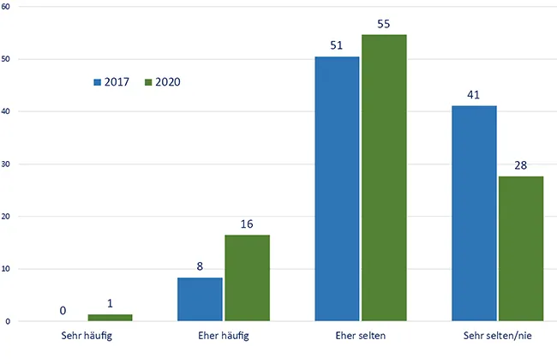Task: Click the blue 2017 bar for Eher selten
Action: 337,188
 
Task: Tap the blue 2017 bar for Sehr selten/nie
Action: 474,213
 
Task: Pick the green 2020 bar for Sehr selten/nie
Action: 521,248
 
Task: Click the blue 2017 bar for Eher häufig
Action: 200,299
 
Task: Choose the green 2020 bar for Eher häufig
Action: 247,277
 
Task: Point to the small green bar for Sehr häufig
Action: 110,318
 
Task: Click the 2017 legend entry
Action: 112,82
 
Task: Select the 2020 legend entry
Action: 162,82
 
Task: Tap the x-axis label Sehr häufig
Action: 87,335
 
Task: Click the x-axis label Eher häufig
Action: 224,335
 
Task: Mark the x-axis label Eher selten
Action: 361,335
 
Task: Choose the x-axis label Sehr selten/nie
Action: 497,335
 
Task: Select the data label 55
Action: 383,23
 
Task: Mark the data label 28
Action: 520,164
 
